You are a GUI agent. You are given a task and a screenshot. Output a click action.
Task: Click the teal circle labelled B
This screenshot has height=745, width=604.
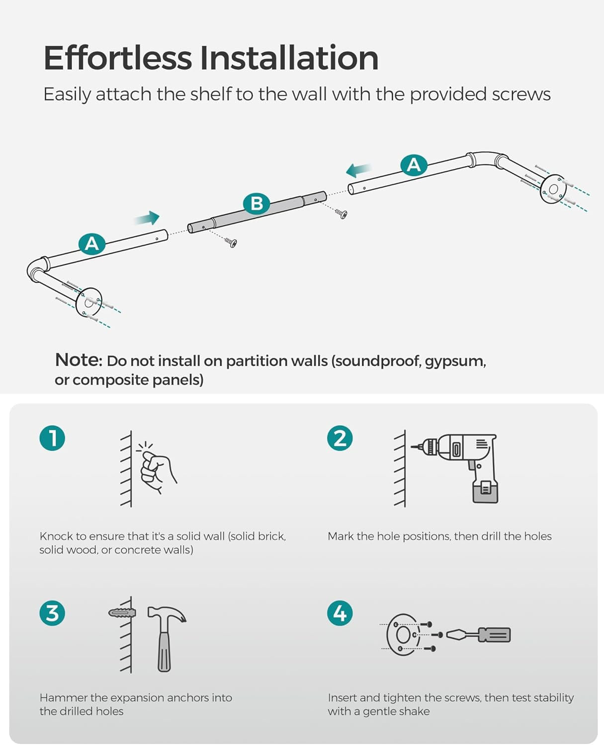[x=257, y=204]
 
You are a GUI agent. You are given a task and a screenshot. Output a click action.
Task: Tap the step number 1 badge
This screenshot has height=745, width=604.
[x=52, y=438]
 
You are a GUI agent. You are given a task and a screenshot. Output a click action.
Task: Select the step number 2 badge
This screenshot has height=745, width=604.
[x=340, y=438]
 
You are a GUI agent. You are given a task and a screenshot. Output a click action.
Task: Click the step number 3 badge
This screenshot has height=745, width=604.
[x=52, y=613]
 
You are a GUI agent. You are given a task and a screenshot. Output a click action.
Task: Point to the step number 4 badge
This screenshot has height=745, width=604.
[x=340, y=613]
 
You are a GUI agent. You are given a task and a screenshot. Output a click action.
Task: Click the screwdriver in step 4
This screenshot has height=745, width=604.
[x=478, y=634]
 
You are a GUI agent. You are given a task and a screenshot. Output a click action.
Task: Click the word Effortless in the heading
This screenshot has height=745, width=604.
[x=118, y=58]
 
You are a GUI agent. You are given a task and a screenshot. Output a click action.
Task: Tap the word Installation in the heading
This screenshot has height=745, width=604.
[x=289, y=58]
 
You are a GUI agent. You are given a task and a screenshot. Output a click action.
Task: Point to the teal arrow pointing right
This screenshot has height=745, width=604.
[x=147, y=218]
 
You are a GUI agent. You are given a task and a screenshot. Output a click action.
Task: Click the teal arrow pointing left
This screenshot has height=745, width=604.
[x=358, y=170]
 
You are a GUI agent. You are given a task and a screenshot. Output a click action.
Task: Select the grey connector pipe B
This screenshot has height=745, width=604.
[x=257, y=212]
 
